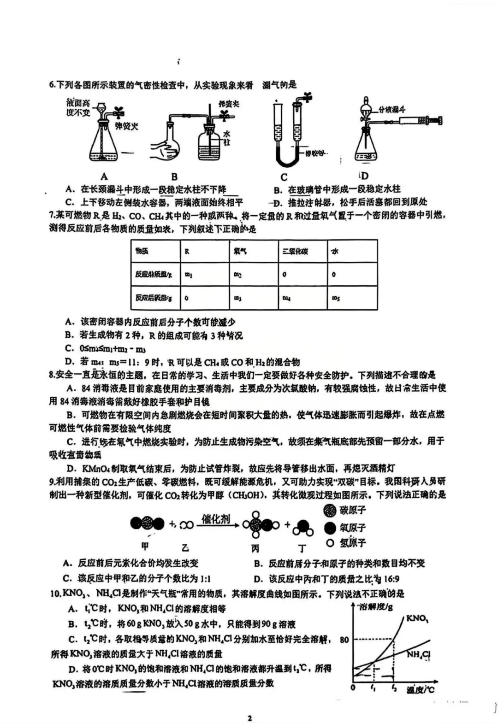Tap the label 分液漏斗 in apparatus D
click(391, 109)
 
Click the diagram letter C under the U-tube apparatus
click(284, 177)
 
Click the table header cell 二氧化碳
click(295, 252)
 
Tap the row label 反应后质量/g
click(154, 298)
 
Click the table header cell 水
click(335, 252)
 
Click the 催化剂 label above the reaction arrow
click(216, 519)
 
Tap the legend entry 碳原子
click(352, 510)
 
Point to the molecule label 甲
click(145, 547)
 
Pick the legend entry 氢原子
click(352, 543)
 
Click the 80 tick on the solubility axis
click(344, 640)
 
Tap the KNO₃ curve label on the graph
click(417, 618)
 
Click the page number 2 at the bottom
click(249, 718)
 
